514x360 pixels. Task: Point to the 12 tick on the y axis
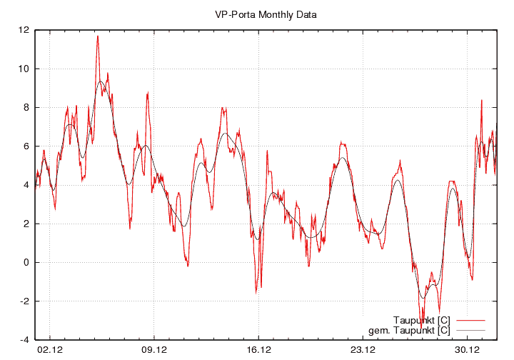coord(24,30)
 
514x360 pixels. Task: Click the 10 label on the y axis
coord(24,69)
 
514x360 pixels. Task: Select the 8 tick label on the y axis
coord(26,107)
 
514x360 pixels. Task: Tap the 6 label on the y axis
coord(26,146)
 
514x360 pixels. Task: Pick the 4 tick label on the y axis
coord(26,184)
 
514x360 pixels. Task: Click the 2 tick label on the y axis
coord(26,224)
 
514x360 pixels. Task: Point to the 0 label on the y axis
coord(26,262)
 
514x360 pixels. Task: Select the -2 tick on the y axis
coord(25,301)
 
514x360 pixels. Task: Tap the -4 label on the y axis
coord(25,339)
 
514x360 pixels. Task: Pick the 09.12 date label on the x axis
coord(155,350)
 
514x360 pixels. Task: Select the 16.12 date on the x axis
coord(258,350)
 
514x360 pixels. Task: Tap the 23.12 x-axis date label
coord(363,350)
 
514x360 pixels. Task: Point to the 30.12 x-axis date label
coord(467,350)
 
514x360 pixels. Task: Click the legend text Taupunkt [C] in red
coord(421,319)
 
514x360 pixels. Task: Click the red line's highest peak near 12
coord(98,36)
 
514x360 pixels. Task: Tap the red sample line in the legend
coord(469,319)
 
